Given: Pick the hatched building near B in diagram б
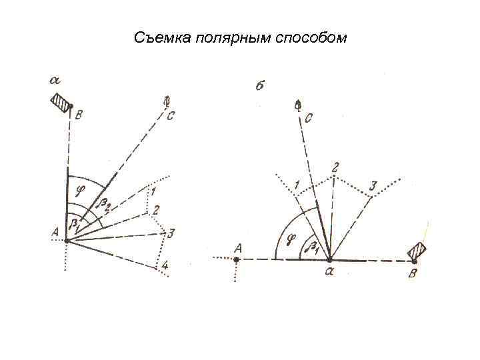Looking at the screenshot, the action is tap(418, 252).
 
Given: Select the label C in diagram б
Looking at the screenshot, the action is tap(309, 119).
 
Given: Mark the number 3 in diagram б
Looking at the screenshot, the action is tap(373, 185).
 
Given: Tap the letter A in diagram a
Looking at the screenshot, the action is tap(55, 233).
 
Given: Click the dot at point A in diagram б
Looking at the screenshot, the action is tap(237, 259).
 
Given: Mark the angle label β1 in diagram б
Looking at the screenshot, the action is tap(312, 247).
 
